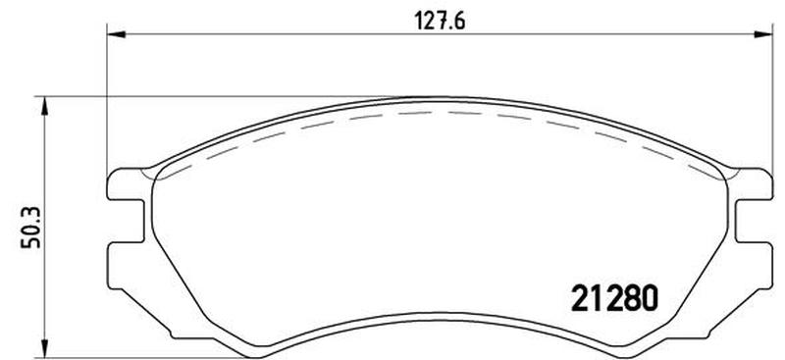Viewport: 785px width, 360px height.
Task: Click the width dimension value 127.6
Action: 440,21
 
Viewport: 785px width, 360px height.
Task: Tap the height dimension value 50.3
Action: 31,229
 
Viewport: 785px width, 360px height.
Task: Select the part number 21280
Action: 614,298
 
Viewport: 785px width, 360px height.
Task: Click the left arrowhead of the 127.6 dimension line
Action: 116,34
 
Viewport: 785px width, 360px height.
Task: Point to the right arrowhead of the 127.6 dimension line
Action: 763,34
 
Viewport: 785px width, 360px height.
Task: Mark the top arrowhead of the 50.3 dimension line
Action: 44,106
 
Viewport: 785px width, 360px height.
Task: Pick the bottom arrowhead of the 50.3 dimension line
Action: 44,348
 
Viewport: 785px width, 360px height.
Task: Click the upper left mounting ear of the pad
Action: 126,184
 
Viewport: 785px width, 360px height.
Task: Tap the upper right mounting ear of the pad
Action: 754,184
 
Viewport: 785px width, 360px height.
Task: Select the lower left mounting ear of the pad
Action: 126,266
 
